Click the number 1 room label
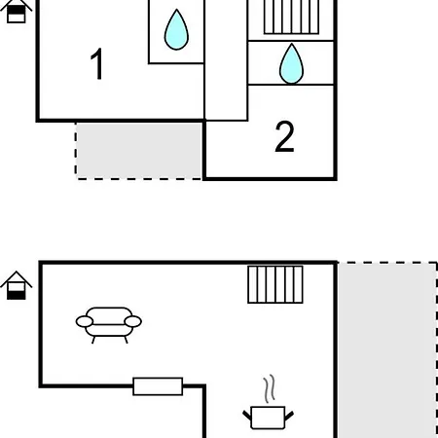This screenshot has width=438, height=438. coord(97,63)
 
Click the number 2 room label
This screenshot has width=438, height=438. coord(284,136)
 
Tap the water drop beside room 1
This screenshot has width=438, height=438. coord(176,29)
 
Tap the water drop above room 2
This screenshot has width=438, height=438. coord(291,63)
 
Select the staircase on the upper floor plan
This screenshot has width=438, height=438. coord(291,17)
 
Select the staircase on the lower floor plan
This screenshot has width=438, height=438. coord(275,284)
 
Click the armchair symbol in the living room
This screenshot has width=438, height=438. coord(109,325)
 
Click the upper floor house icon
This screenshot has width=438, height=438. coord(17,12)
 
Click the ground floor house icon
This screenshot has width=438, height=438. coord(17,285)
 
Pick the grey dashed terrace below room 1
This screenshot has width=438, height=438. coord(139,151)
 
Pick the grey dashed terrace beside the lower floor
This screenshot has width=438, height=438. coord(387,349)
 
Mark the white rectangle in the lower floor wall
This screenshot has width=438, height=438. coord(158,386)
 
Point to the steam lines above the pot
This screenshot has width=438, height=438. coord(269,388)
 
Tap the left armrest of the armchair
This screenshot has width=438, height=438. coord(85,321)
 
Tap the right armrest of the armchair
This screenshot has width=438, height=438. coord(133,321)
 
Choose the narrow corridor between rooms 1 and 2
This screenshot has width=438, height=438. coord(226,60)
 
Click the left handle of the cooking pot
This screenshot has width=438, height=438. coord(247,416)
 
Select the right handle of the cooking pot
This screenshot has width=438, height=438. coord(289,416)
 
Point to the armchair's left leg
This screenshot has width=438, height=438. coord(93,340)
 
